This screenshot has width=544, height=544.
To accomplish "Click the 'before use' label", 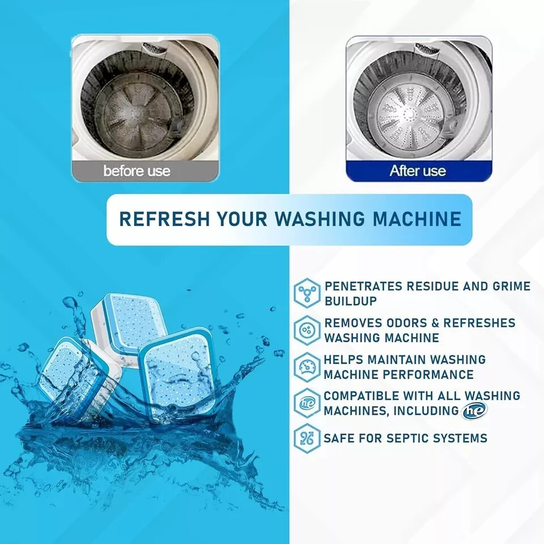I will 137,171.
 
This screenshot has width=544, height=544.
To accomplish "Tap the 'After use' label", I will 418,171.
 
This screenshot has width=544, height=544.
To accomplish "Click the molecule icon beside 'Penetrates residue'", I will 307,293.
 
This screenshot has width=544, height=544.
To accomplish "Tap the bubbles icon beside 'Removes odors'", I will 307,330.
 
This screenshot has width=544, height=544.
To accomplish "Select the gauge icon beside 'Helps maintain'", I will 307,367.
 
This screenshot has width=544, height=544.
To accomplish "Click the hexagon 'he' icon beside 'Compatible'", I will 307,403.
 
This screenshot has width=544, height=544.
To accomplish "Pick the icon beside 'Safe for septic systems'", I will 307,438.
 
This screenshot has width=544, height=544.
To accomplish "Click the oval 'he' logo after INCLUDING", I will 474,410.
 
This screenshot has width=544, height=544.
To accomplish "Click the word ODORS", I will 403,323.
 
